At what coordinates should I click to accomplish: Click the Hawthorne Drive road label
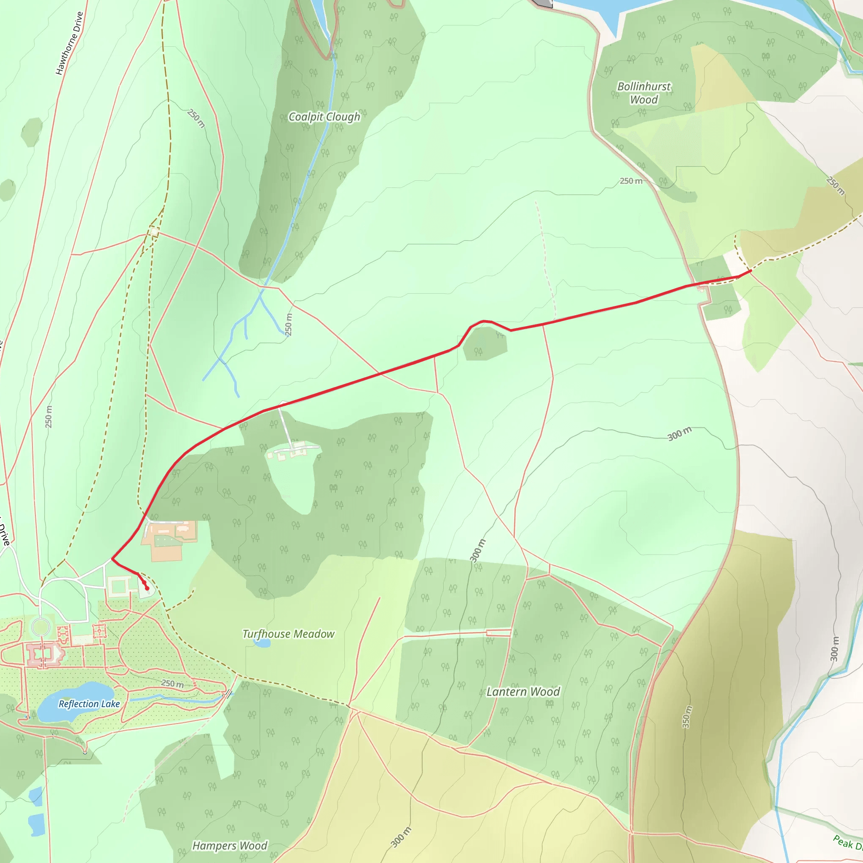tap(69, 43)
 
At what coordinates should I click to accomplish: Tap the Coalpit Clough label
tap(324, 117)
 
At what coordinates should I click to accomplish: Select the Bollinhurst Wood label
tap(644, 93)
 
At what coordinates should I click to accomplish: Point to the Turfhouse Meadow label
tap(288, 634)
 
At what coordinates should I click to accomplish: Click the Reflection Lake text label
tap(89, 704)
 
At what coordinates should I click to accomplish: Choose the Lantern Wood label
tap(523, 692)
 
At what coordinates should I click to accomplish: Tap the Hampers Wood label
tap(230, 846)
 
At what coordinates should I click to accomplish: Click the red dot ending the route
tap(147, 588)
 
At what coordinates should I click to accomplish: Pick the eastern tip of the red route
tap(750, 271)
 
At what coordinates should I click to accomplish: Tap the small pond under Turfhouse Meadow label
tap(262, 643)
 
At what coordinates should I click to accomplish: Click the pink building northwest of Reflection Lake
tap(45, 655)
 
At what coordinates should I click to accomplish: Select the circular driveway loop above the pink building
tap(40, 627)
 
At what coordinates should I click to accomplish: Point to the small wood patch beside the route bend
tap(485, 343)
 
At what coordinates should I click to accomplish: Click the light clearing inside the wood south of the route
tap(292, 482)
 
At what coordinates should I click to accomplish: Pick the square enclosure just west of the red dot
tap(119, 586)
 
